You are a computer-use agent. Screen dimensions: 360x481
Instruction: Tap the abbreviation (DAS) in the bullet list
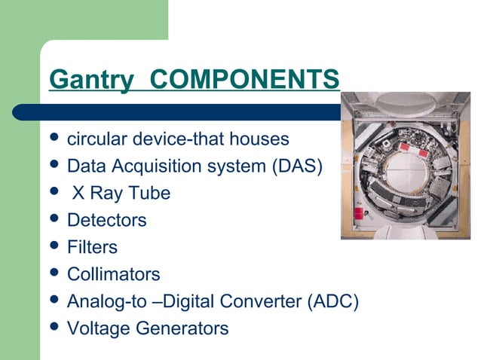click(x=297, y=166)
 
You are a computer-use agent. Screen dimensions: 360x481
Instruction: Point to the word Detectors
click(x=106, y=221)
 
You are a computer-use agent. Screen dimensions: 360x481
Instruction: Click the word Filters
click(x=92, y=247)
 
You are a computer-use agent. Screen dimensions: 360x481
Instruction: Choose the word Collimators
click(x=114, y=274)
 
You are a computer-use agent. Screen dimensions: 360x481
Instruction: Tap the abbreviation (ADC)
click(x=332, y=301)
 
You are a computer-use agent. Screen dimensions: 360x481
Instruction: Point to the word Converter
click(x=265, y=301)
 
